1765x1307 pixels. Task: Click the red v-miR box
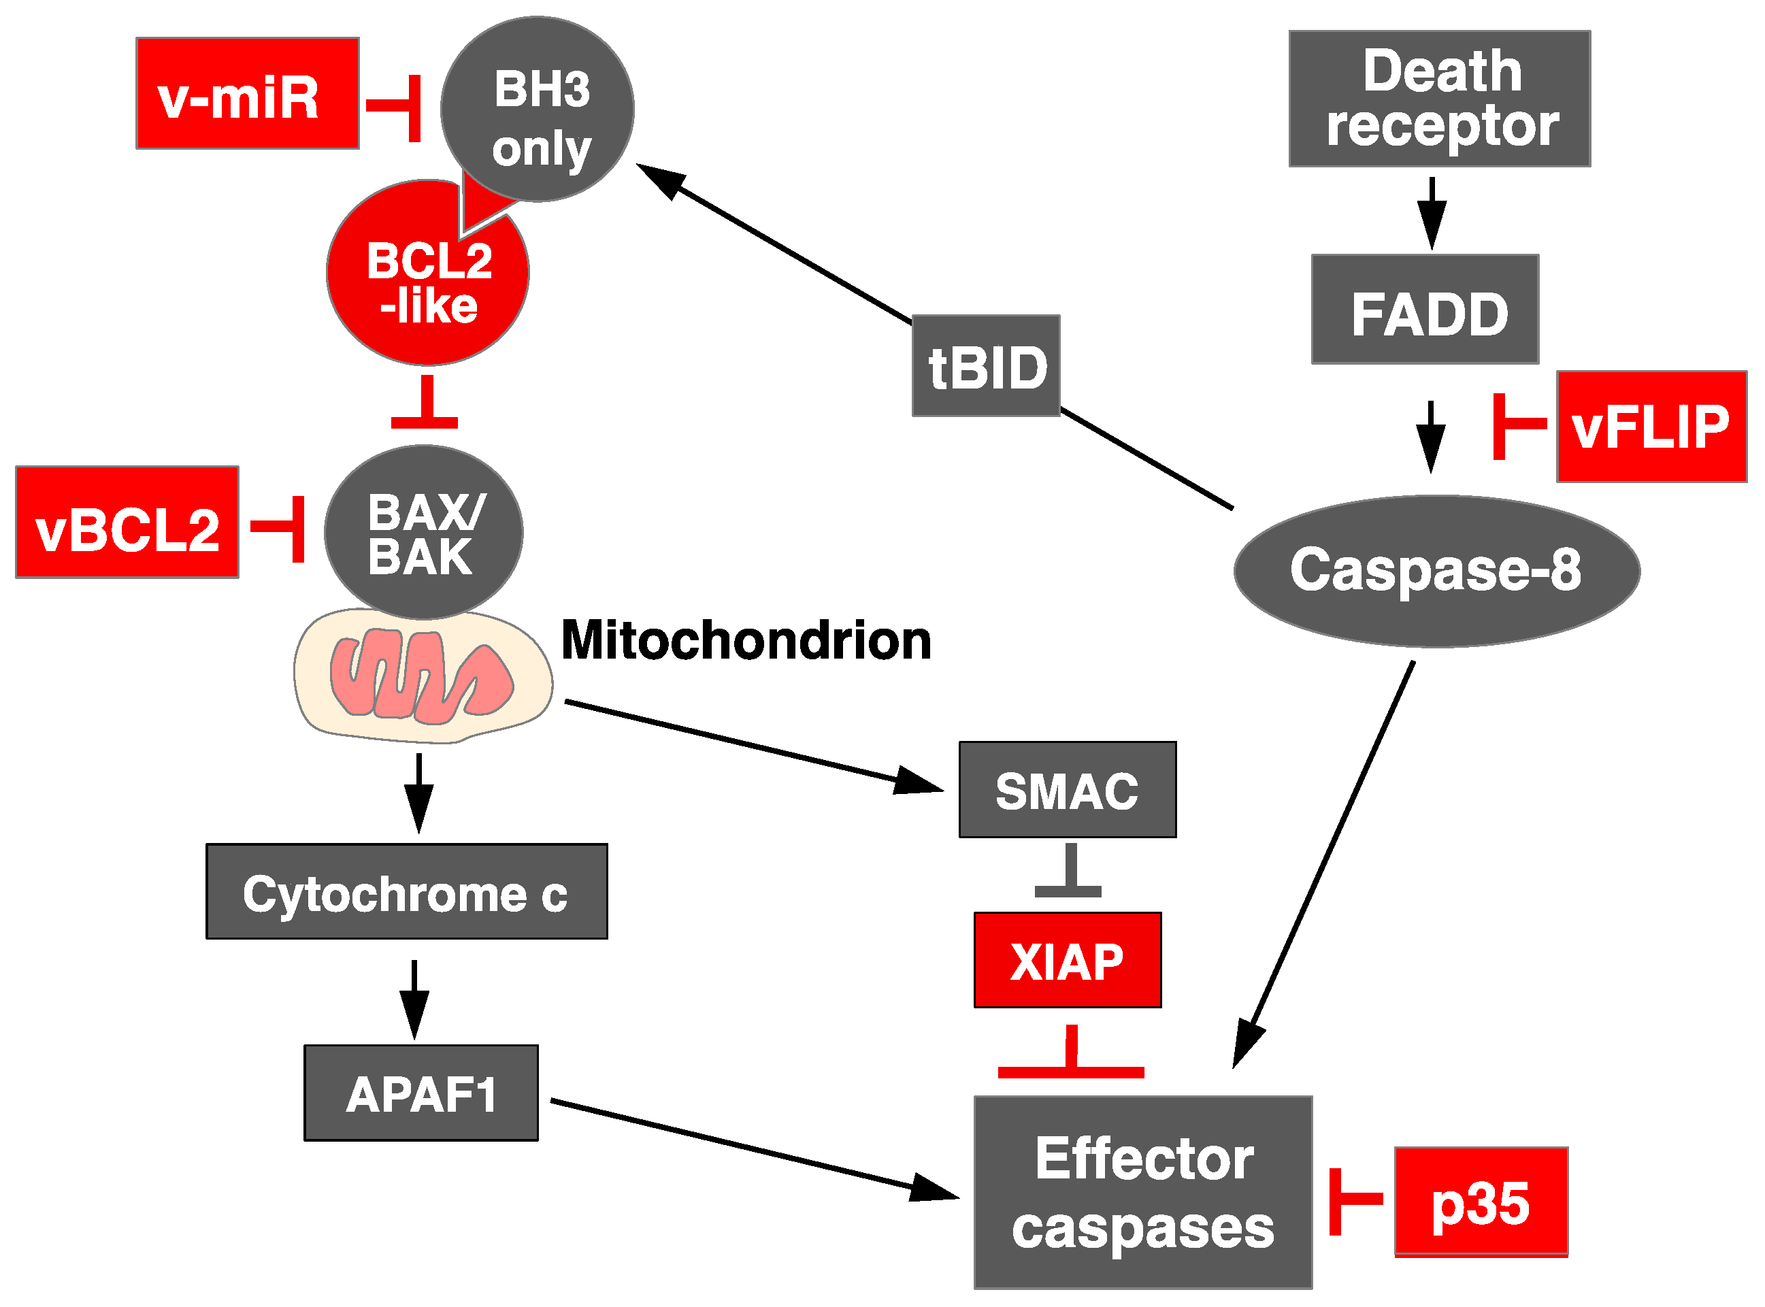pos(248,93)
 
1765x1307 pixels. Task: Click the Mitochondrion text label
pos(746,641)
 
